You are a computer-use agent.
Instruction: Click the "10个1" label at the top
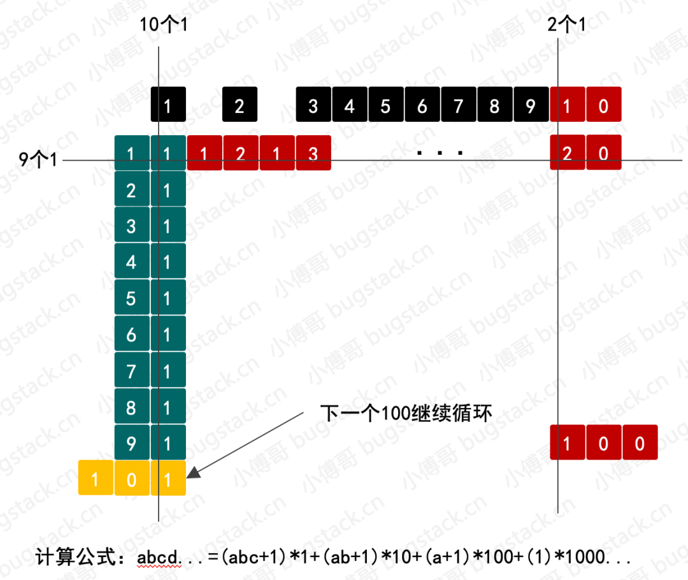pos(163,24)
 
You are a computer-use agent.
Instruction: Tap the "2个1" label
pos(566,24)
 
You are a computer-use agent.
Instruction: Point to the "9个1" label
pos(38,159)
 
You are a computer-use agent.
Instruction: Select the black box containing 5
pos(386,105)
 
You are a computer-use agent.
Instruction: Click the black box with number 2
pos(240,105)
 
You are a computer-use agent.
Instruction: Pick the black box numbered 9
pos(531,105)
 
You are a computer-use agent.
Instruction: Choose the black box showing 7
pos(459,105)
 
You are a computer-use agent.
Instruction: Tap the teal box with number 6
pos(132,334)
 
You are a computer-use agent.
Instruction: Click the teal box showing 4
pos(132,261)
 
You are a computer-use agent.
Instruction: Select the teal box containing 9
pos(132,442)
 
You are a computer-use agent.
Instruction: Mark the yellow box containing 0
pos(132,478)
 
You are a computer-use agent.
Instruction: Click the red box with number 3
pos(313,153)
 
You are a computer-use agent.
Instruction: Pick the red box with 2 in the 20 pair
pos(568,152)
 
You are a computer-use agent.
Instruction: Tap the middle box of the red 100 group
pos(604,442)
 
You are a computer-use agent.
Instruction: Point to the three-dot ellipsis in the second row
pos(440,153)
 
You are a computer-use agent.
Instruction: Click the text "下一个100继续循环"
pos(406,413)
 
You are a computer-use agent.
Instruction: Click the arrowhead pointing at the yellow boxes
pos(194,473)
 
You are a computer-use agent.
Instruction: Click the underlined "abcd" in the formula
pos(158,558)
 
